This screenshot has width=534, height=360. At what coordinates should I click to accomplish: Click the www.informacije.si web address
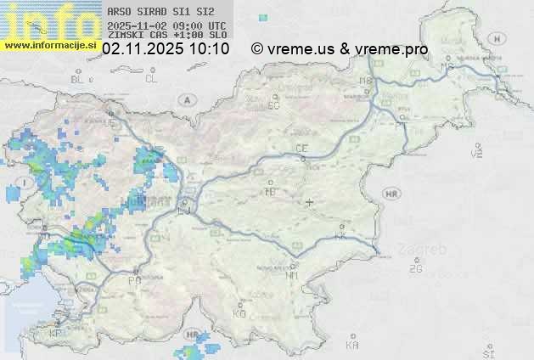point(51,44)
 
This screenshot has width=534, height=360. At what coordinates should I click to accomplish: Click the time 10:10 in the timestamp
point(210,49)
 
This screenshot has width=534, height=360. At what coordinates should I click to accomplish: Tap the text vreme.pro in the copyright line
point(394,49)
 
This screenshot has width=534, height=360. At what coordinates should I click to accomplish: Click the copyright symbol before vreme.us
point(257,49)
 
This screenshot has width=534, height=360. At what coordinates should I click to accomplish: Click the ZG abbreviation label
point(415,269)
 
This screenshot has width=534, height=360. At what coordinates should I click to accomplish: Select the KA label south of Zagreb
point(352,346)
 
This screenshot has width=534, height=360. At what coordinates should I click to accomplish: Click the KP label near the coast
point(55,334)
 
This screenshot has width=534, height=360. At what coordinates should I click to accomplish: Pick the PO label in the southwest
point(134,280)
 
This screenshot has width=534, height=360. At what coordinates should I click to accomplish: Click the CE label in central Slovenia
point(301,149)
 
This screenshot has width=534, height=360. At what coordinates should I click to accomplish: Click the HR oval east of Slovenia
point(392,194)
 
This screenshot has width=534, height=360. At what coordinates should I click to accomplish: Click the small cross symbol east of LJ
point(310,202)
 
